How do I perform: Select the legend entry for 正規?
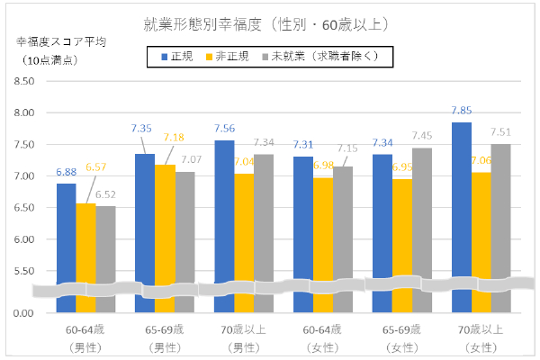(x=180, y=56)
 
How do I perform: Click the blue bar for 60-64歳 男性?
(x=67, y=234)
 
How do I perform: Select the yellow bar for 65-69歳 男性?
(x=165, y=225)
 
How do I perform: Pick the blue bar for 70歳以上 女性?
(x=461, y=198)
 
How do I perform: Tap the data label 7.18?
(x=174, y=137)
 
